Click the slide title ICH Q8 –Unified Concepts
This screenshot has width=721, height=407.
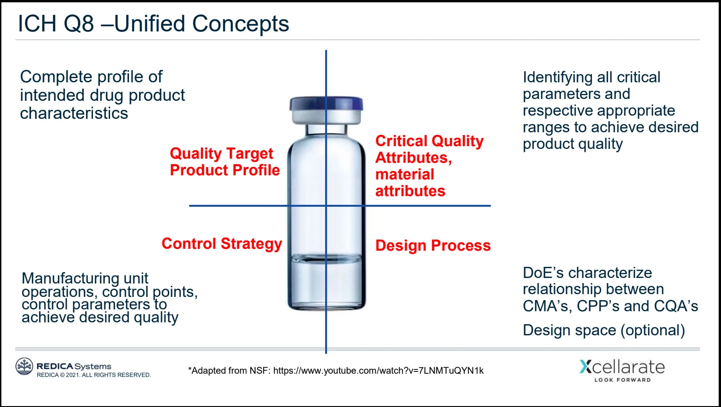tap(153, 24)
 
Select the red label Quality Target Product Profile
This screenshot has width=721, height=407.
tap(224, 162)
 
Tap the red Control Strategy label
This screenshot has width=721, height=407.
tap(222, 244)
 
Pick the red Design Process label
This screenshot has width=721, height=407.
tap(432, 246)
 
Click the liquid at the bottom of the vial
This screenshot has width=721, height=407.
tap(326, 282)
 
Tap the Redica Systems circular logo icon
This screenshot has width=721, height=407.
tap(24, 366)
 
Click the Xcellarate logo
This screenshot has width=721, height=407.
tap(622, 367)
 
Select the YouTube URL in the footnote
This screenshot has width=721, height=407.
tap(378, 370)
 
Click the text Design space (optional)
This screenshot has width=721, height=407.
tap(604, 330)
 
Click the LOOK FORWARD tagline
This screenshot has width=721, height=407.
tap(622, 380)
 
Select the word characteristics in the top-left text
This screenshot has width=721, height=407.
tap(74, 113)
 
